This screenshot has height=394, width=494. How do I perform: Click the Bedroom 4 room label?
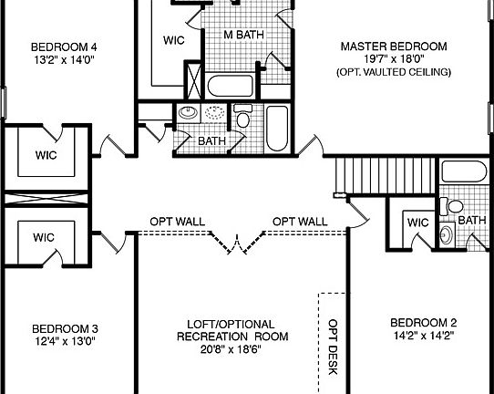point(64,47)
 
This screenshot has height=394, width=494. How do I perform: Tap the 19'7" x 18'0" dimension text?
point(393,58)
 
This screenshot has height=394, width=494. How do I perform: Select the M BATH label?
point(245,36)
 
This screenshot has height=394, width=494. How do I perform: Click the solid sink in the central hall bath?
point(187,114)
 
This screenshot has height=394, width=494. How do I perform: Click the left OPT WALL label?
point(178,222)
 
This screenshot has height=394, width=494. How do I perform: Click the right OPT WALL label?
point(300,222)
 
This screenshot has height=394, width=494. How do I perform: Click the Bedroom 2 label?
point(423,323)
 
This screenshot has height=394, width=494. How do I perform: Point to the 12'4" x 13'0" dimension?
point(64,341)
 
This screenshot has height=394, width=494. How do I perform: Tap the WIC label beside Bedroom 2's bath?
point(417,223)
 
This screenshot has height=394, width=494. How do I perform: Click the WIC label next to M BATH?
point(174,40)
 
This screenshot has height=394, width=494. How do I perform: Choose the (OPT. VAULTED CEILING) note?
point(393,71)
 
